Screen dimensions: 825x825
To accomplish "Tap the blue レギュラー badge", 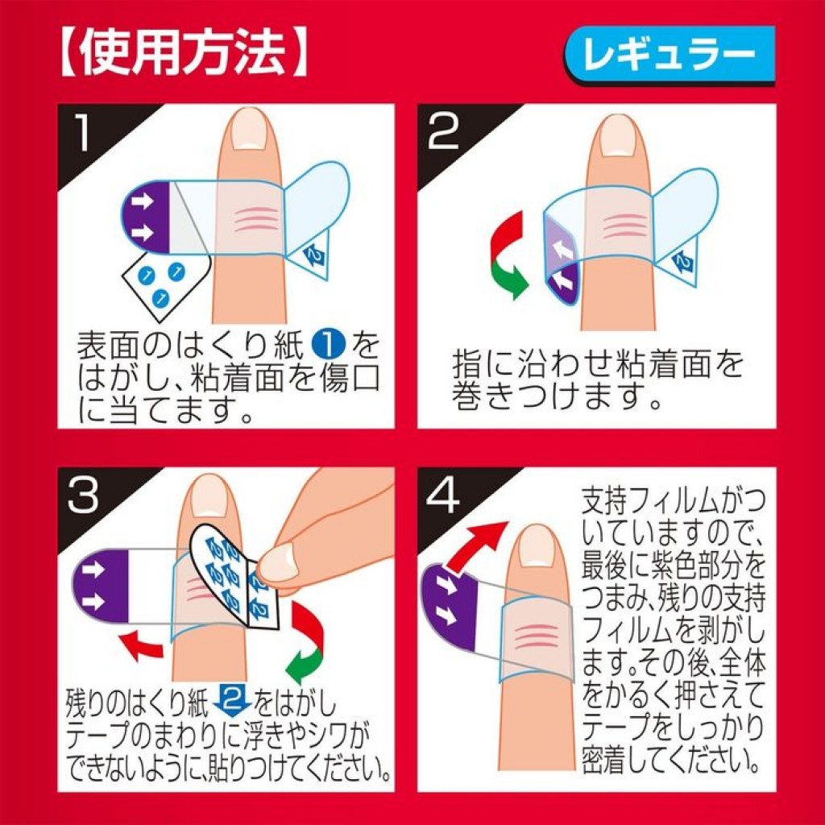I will [669, 55].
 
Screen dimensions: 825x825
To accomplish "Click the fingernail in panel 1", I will [249, 130].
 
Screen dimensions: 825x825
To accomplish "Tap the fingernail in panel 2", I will [619, 135].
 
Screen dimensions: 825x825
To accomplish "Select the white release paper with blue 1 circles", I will [161, 282].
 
